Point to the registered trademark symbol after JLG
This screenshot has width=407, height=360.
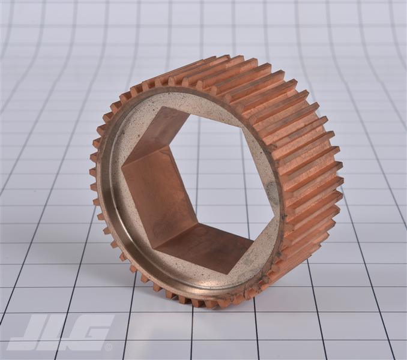109,346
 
